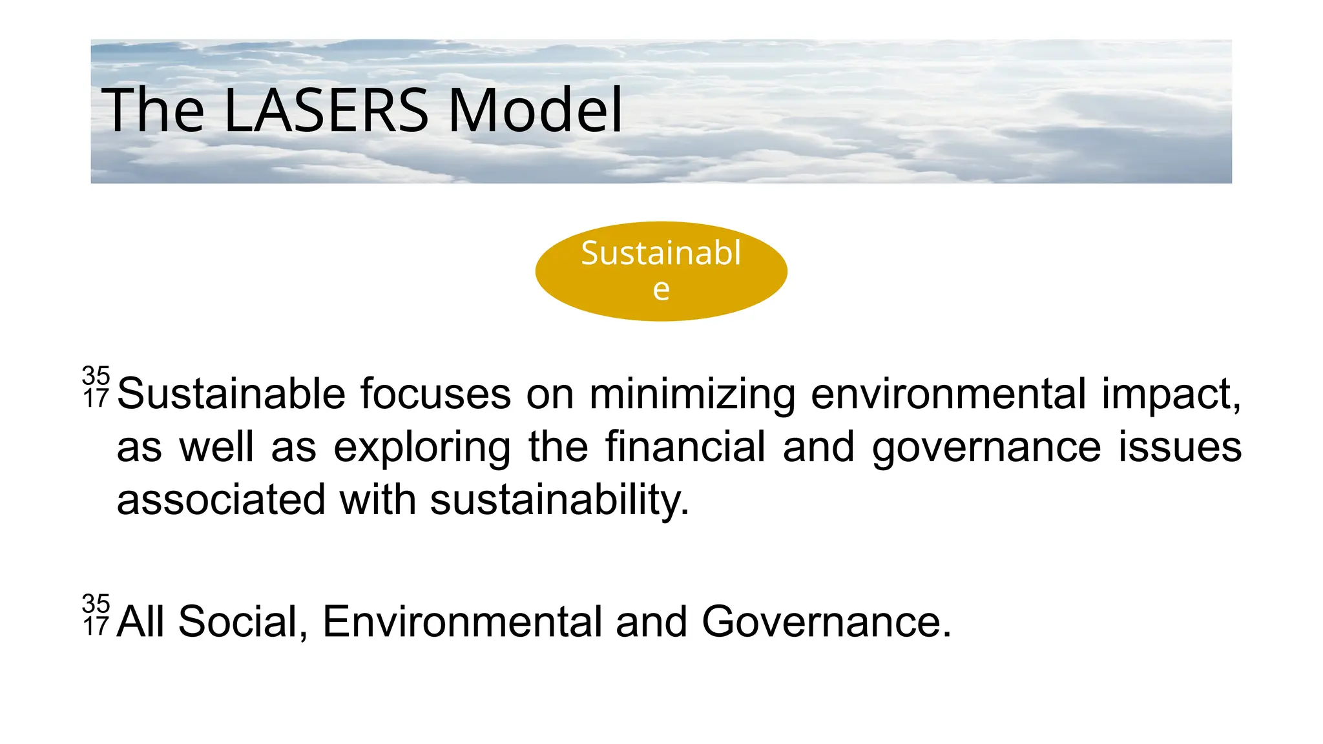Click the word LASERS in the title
point(326,110)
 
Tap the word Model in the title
point(535,110)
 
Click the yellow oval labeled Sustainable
point(661,271)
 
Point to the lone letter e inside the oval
point(661,289)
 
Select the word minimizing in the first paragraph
point(692,394)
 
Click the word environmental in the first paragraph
point(948,394)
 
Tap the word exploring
point(422,447)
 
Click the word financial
point(685,447)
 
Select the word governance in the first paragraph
point(986,447)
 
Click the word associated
point(221,500)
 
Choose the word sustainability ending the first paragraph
point(559,500)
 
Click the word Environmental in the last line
point(461,621)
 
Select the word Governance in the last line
point(826,621)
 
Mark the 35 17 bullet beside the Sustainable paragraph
point(96,387)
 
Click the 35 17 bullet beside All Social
point(96,615)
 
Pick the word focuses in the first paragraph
point(435,394)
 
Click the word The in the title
point(153,110)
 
